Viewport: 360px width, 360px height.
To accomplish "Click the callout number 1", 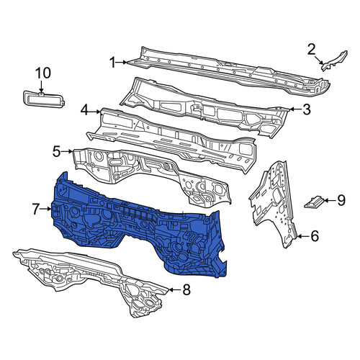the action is pos(112,63).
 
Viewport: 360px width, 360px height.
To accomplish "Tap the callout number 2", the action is pos(311,50).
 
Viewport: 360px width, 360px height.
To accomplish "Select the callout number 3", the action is pos(307,109).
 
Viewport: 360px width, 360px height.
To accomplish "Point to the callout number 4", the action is pos(84,111).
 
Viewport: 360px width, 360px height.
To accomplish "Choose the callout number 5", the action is pos(56,151).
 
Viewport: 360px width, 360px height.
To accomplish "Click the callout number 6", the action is pos(315,236).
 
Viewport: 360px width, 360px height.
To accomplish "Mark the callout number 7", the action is pos(36,210).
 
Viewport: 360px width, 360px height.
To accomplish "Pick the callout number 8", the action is pos(186,289).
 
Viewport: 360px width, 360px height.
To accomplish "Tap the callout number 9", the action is pos(341,200).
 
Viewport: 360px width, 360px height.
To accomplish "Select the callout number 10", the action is pos(43,73).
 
